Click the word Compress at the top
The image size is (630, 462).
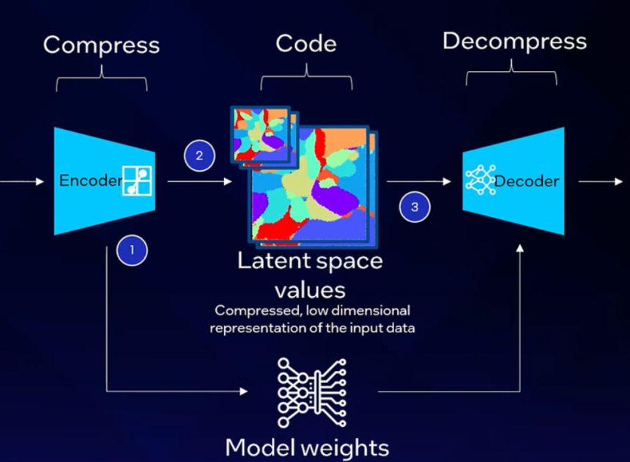click(x=101, y=45)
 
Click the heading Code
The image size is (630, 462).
click(x=305, y=44)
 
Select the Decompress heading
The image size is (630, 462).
click(x=514, y=41)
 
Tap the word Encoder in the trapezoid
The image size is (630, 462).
click(x=89, y=181)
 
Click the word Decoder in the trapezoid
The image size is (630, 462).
click(x=526, y=181)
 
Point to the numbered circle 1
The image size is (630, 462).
click(x=132, y=250)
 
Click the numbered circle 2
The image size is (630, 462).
click(x=199, y=155)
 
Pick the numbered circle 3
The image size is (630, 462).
click(x=415, y=208)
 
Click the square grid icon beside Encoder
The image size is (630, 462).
click(x=138, y=181)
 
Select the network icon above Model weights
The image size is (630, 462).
click(x=307, y=392)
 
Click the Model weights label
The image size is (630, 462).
click(x=307, y=447)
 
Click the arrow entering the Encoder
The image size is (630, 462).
click(x=22, y=181)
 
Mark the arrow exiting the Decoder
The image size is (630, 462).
click(x=601, y=181)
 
